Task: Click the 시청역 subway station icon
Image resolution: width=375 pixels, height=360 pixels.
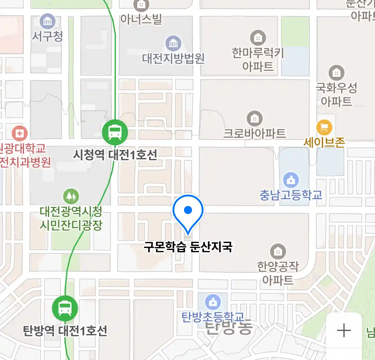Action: [x=115, y=132]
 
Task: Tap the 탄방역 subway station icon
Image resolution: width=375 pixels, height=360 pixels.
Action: [x=65, y=308]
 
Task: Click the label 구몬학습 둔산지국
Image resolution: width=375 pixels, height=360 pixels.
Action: [x=188, y=247]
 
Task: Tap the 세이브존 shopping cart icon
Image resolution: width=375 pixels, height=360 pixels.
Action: [x=324, y=127]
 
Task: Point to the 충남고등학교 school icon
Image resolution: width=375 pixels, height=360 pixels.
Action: [x=291, y=180]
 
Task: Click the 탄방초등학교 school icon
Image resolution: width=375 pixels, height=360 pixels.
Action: [x=213, y=302]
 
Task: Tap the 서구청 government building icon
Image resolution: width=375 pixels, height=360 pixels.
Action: [x=48, y=22]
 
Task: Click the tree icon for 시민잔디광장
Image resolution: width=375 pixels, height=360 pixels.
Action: [x=71, y=196]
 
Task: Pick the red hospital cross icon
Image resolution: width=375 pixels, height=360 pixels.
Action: [x=20, y=134]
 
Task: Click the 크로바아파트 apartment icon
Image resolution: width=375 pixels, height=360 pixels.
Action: [x=255, y=119]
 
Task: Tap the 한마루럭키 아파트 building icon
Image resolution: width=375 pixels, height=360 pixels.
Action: [x=258, y=38]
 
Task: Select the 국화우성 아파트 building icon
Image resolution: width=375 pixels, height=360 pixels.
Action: [x=337, y=73]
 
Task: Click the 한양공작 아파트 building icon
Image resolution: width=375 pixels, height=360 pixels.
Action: [x=278, y=252]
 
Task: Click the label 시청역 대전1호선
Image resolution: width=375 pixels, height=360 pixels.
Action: [x=115, y=155]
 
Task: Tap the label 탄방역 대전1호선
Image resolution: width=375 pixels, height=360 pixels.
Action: [x=65, y=331]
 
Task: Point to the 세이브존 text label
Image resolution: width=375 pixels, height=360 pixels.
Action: [x=324, y=143]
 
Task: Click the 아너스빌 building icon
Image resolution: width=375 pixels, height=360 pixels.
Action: [x=141, y=5]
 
